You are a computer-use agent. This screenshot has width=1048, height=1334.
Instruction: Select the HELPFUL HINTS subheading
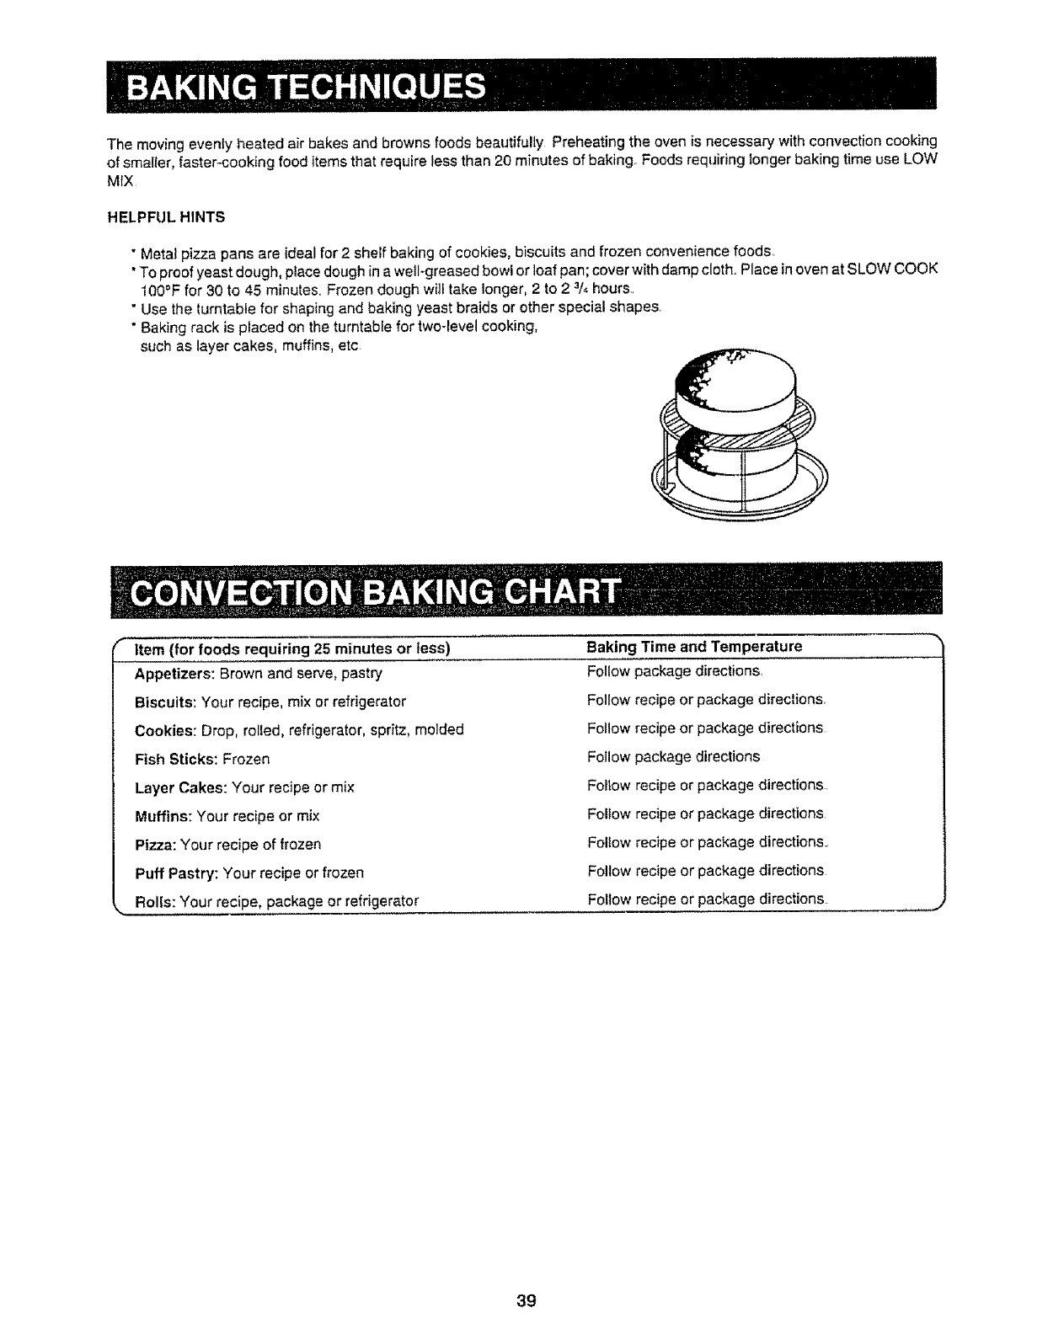(x=165, y=216)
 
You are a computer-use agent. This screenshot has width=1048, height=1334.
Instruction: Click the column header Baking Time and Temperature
(x=694, y=647)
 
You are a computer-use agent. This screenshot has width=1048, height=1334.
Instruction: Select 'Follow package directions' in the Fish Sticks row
(x=673, y=756)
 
